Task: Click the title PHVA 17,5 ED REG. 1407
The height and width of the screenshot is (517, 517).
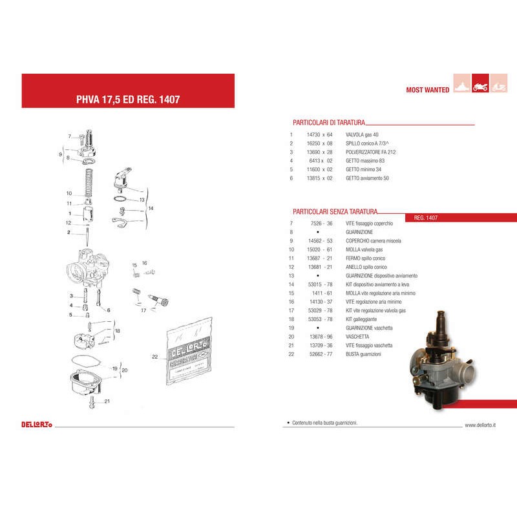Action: (128, 100)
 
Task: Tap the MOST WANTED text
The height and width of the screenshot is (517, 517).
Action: (427, 90)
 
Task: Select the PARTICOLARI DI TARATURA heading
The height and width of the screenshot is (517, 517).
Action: (330, 121)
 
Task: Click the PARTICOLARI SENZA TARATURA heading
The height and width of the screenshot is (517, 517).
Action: (335, 211)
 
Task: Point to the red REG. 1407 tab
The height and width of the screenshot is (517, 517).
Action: (426, 218)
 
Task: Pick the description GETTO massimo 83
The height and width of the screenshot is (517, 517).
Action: (366, 160)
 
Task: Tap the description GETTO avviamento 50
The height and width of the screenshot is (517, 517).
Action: (368, 178)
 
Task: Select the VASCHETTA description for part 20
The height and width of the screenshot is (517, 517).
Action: (357, 337)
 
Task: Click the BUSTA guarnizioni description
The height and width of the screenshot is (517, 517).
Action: (363, 354)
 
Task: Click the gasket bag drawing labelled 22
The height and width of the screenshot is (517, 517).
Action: (191, 359)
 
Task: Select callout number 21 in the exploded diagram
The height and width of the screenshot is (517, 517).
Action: (107, 401)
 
